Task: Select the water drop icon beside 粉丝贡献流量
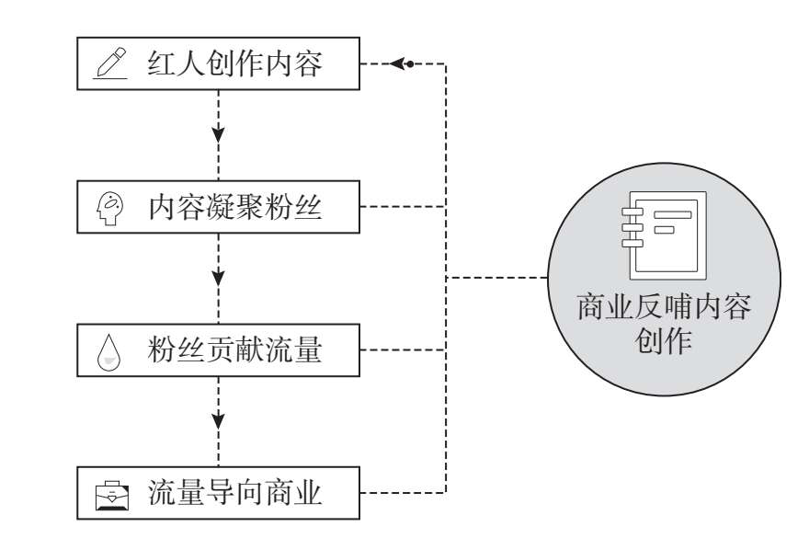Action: pos(110,352)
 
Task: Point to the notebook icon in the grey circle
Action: pos(661,235)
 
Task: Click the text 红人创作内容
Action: pos(234,64)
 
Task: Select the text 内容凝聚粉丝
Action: pos(234,208)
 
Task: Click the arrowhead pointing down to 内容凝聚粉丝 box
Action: pos(219,133)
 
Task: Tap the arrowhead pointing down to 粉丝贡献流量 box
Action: pos(219,277)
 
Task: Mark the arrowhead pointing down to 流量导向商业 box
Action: pos(219,420)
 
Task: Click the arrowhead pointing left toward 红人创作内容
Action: pos(396,63)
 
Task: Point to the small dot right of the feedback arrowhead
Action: pos(410,63)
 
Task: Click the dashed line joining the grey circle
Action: pos(496,278)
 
